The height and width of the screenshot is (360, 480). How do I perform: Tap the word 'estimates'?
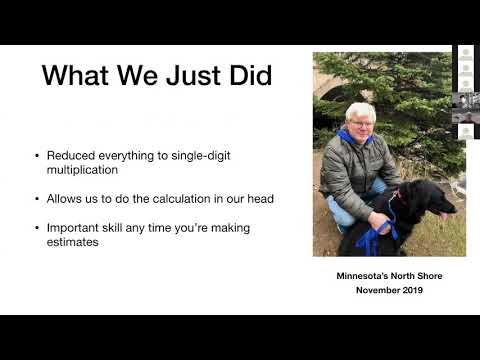(x=72, y=242)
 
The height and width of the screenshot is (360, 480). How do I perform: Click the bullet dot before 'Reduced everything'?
(x=38, y=157)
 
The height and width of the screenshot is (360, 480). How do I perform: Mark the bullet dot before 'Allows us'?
(x=38, y=199)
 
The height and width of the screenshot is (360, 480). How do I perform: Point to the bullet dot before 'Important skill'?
(x=38, y=228)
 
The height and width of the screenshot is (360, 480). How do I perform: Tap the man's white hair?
(x=359, y=108)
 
